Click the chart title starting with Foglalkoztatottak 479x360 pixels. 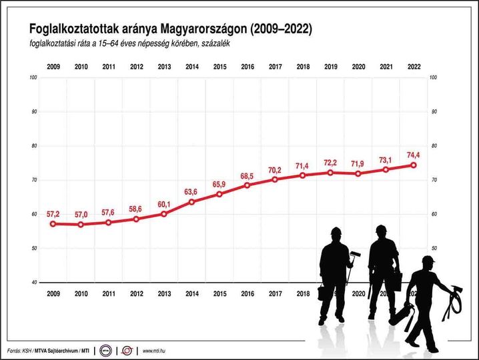(169, 29)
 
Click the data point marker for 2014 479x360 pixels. (192, 201)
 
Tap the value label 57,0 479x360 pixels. (81, 214)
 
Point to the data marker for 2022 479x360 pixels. (414, 165)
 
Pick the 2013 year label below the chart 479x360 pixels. (164, 293)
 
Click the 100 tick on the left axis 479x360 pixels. (33, 78)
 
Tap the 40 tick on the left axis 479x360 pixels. (33, 283)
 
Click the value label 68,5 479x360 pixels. (248, 175)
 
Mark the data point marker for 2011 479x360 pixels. (108, 222)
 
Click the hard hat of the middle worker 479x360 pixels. (381, 230)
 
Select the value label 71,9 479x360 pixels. (358, 163)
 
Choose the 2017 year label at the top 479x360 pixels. (275, 67)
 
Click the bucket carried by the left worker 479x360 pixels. (322, 293)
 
